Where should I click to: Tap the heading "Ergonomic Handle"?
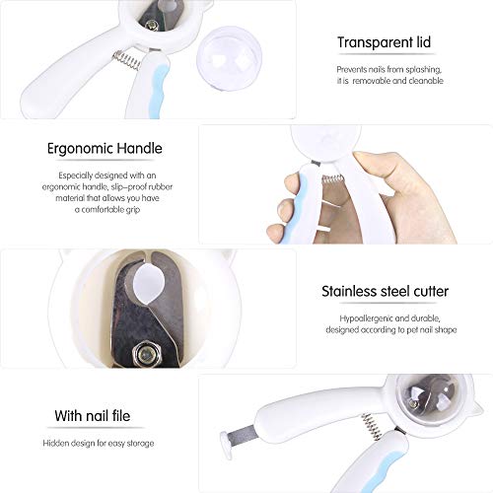pos(105,149)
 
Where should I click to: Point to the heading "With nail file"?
pos(94,416)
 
